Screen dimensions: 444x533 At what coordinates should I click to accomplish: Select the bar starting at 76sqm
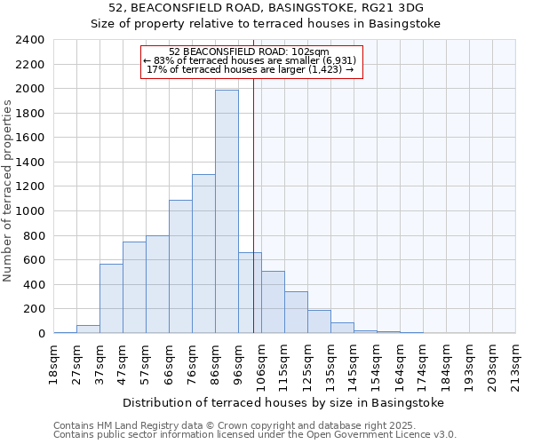pyautogui.click(x=203, y=254)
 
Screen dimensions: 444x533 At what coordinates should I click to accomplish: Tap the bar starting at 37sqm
pyautogui.click(x=111, y=298)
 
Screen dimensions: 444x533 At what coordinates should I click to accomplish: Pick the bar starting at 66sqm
pyautogui.click(x=180, y=266)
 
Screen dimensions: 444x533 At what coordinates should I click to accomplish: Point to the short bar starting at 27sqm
pyautogui.click(x=88, y=329)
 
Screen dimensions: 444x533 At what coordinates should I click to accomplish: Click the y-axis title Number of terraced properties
pyautogui.click(x=8, y=191)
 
